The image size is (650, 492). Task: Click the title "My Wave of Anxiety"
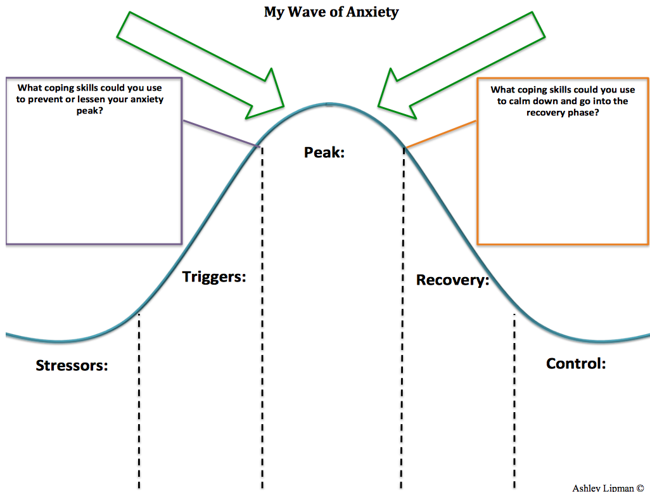(x=331, y=12)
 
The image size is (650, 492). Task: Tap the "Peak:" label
(x=324, y=152)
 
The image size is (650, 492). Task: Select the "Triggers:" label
(x=214, y=276)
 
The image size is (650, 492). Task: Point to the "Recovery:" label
(x=452, y=280)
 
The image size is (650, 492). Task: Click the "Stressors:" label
(x=72, y=365)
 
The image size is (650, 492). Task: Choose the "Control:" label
(x=576, y=363)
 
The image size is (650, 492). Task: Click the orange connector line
(x=440, y=134)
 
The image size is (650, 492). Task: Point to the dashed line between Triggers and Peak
(x=262, y=317)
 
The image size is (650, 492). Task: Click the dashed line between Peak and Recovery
(x=404, y=317)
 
